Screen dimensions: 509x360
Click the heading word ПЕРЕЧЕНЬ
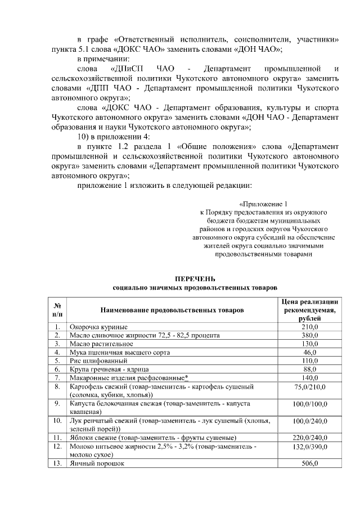point(195,279)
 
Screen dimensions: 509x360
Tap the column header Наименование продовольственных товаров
point(172,310)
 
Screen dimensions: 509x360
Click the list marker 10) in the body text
point(84,136)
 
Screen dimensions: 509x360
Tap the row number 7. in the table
point(57,377)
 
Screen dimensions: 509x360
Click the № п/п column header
point(57,310)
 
